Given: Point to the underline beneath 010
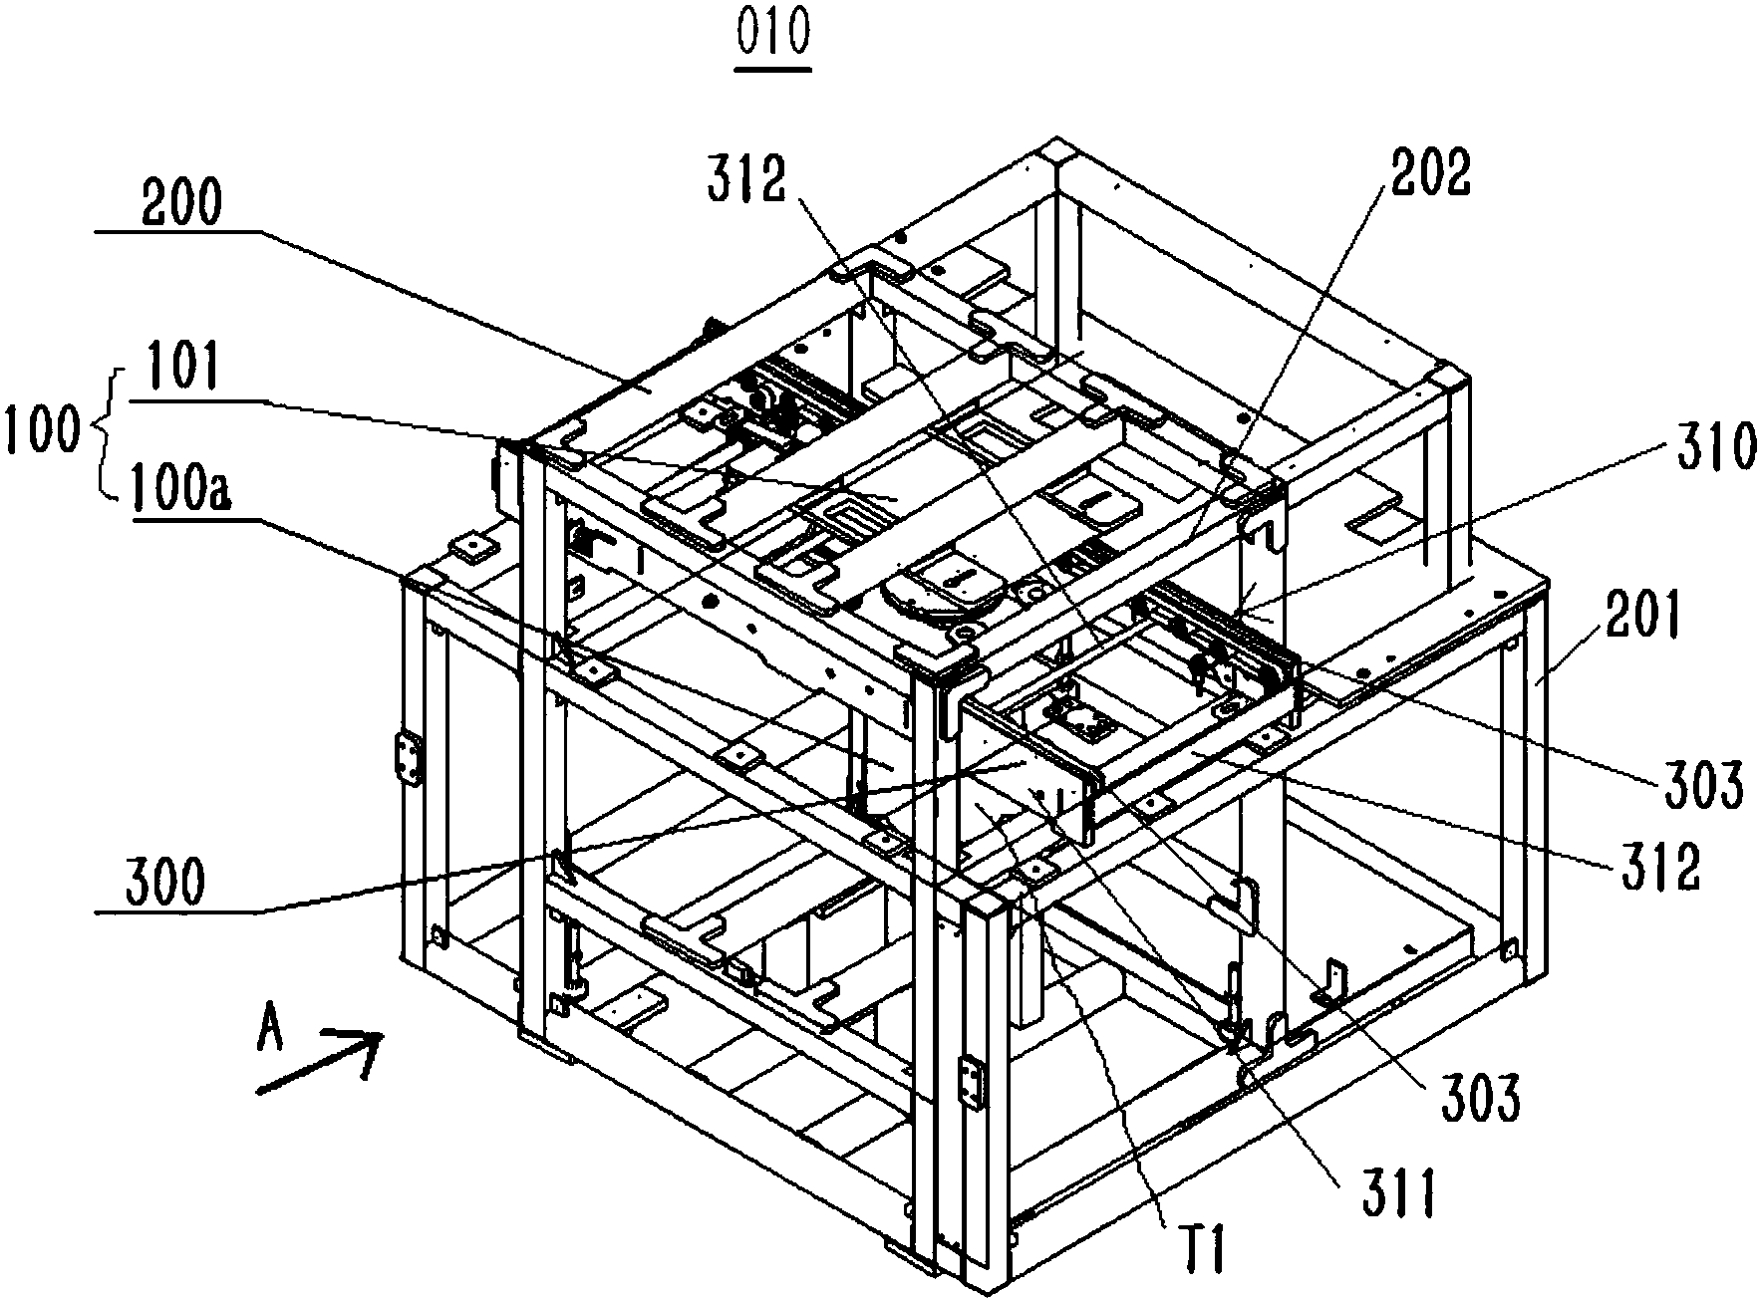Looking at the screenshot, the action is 772,69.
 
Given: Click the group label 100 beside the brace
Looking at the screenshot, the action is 39,430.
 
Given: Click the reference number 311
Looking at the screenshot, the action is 1396,1194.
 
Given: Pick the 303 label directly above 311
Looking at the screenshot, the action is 1478,1100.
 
